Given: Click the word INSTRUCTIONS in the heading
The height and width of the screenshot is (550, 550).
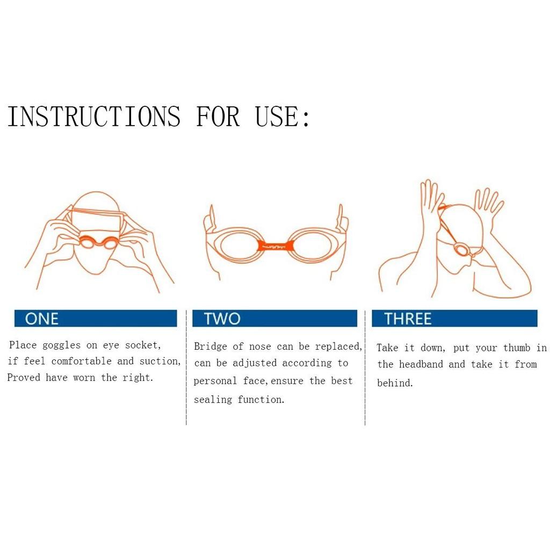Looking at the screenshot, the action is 94,117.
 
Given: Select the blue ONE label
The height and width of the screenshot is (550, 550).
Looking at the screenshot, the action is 96,319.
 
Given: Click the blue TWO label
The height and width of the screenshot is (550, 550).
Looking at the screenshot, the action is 274,319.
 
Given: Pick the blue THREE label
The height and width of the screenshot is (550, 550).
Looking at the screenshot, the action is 454,319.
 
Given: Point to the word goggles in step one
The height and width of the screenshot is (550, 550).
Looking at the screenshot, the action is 61,345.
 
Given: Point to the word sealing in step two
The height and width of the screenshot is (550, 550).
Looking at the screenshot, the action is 213,400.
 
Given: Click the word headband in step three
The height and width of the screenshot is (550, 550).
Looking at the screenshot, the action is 421,364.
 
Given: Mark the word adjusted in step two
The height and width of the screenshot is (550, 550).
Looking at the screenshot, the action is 255,364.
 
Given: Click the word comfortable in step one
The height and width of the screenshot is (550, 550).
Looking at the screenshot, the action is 82,361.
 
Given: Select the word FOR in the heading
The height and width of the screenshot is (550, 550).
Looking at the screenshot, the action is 218,117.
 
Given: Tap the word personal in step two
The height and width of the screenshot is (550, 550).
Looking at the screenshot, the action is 215,381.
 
